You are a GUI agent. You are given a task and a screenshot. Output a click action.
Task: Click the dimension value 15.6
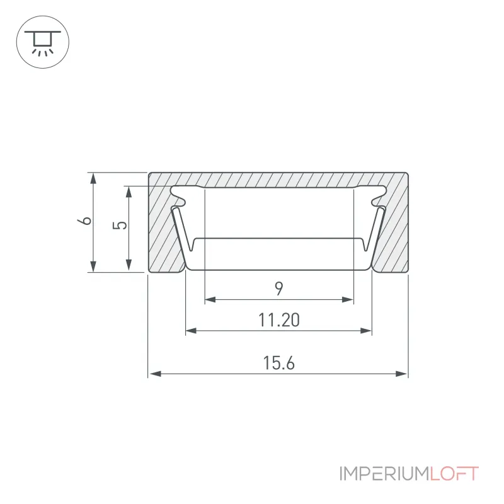point(278,363)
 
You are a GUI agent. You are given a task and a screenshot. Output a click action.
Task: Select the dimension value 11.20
point(279,320)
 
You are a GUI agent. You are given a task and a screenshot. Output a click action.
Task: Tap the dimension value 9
point(279,289)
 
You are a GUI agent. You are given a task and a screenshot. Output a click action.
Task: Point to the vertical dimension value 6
point(84,221)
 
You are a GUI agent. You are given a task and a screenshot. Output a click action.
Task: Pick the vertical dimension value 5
point(120,225)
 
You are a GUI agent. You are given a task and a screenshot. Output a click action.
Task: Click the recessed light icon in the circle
point(42,42)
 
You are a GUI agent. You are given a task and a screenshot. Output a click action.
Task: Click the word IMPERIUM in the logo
point(384,474)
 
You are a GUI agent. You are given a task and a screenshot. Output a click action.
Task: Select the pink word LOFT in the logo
point(454,474)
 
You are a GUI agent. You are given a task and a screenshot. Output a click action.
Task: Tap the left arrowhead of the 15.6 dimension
point(155,374)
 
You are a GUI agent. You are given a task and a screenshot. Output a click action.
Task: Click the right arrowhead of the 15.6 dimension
point(401,374)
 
